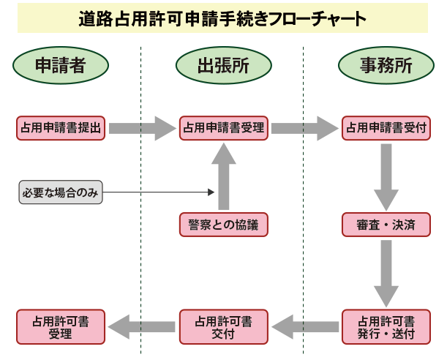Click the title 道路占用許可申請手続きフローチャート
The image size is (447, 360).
[x=222, y=19]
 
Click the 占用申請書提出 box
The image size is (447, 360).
[x=61, y=127]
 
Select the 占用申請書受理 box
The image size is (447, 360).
[x=223, y=127]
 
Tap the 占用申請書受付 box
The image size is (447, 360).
[x=386, y=127]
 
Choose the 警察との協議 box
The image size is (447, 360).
[x=223, y=225]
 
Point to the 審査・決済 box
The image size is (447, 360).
[x=386, y=225]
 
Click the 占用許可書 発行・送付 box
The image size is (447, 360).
[x=386, y=327]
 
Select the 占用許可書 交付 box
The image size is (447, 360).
[x=223, y=327]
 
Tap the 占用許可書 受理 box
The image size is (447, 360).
[x=61, y=327]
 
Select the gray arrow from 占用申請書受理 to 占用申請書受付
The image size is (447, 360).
[x=304, y=128]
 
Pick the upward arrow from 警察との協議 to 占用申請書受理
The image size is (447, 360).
[x=224, y=176]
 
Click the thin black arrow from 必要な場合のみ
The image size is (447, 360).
[x=161, y=192]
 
